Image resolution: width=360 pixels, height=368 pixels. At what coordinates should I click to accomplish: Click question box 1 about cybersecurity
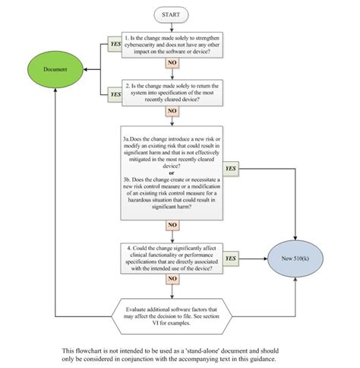tap(172, 46)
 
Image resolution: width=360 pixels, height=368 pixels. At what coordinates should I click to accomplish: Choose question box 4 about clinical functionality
tap(172, 258)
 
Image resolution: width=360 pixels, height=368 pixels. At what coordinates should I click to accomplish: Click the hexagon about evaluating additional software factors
tap(172, 312)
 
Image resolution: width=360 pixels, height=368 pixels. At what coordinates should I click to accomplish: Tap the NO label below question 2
tap(172, 112)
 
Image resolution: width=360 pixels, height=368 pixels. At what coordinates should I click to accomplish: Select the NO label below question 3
tap(172, 225)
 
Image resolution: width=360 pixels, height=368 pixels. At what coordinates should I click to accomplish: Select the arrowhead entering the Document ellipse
tap(85, 69)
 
